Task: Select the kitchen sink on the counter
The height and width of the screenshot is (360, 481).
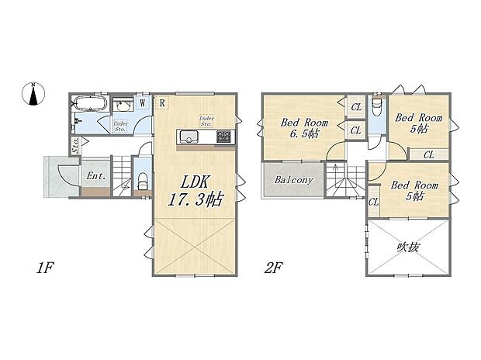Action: (189, 137)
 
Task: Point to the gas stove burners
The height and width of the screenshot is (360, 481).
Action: (224, 137)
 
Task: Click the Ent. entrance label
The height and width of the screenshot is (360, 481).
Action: (97, 176)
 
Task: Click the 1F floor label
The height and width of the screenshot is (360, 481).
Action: (43, 268)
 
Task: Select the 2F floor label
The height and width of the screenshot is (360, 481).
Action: (272, 268)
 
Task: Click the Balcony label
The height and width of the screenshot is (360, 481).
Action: (294, 180)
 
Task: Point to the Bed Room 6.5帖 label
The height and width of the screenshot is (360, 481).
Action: (304, 128)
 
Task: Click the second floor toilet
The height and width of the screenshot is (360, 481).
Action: (376, 106)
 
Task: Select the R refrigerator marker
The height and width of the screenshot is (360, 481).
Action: (161, 102)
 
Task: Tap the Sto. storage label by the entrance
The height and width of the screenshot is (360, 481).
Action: (75, 144)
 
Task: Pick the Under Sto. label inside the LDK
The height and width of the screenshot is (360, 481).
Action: (206, 120)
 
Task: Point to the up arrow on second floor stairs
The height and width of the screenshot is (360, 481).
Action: (335, 168)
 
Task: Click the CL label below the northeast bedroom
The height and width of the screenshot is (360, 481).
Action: (428, 154)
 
